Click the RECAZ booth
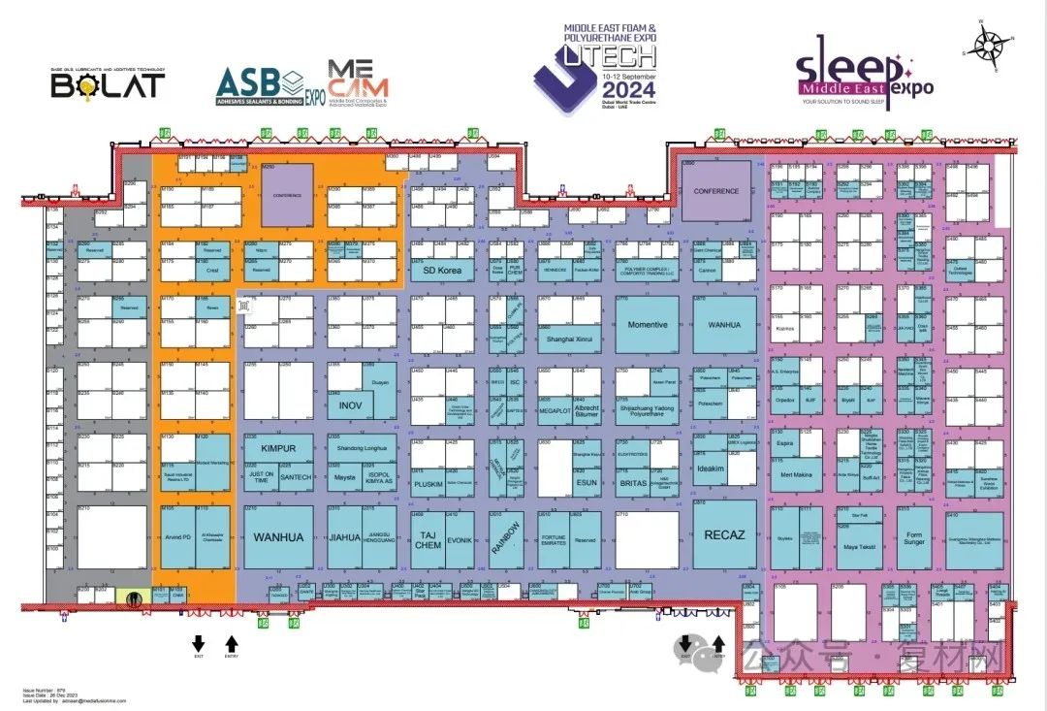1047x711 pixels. [724, 534]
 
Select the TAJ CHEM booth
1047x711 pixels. [428, 539]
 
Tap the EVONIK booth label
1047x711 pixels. [460, 539]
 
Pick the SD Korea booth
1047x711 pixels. [442, 271]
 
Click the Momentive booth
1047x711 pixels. [648, 324]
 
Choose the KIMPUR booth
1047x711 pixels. [278, 450]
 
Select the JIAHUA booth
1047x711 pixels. [345, 536]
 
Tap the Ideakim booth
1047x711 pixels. [711, 469]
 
